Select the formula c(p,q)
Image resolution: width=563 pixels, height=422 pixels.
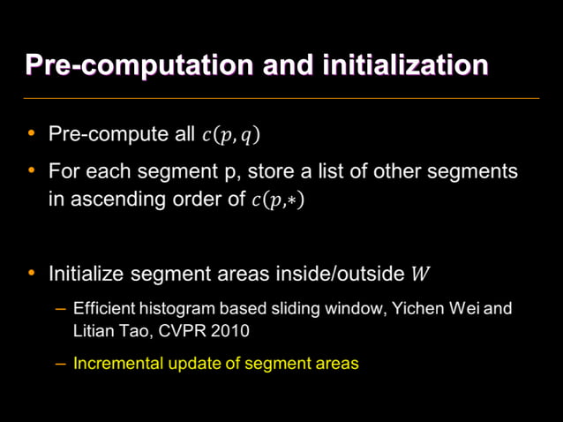[x=230, y=135]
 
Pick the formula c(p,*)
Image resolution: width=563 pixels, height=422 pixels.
[x=278, y=200]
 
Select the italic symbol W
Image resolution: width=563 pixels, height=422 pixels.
[x=421, y=274]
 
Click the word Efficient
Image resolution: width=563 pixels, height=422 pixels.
[x=103, y=310]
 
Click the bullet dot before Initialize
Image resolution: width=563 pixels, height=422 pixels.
[x=32, y=273]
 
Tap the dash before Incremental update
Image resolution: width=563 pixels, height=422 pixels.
[x=60, y=363]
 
